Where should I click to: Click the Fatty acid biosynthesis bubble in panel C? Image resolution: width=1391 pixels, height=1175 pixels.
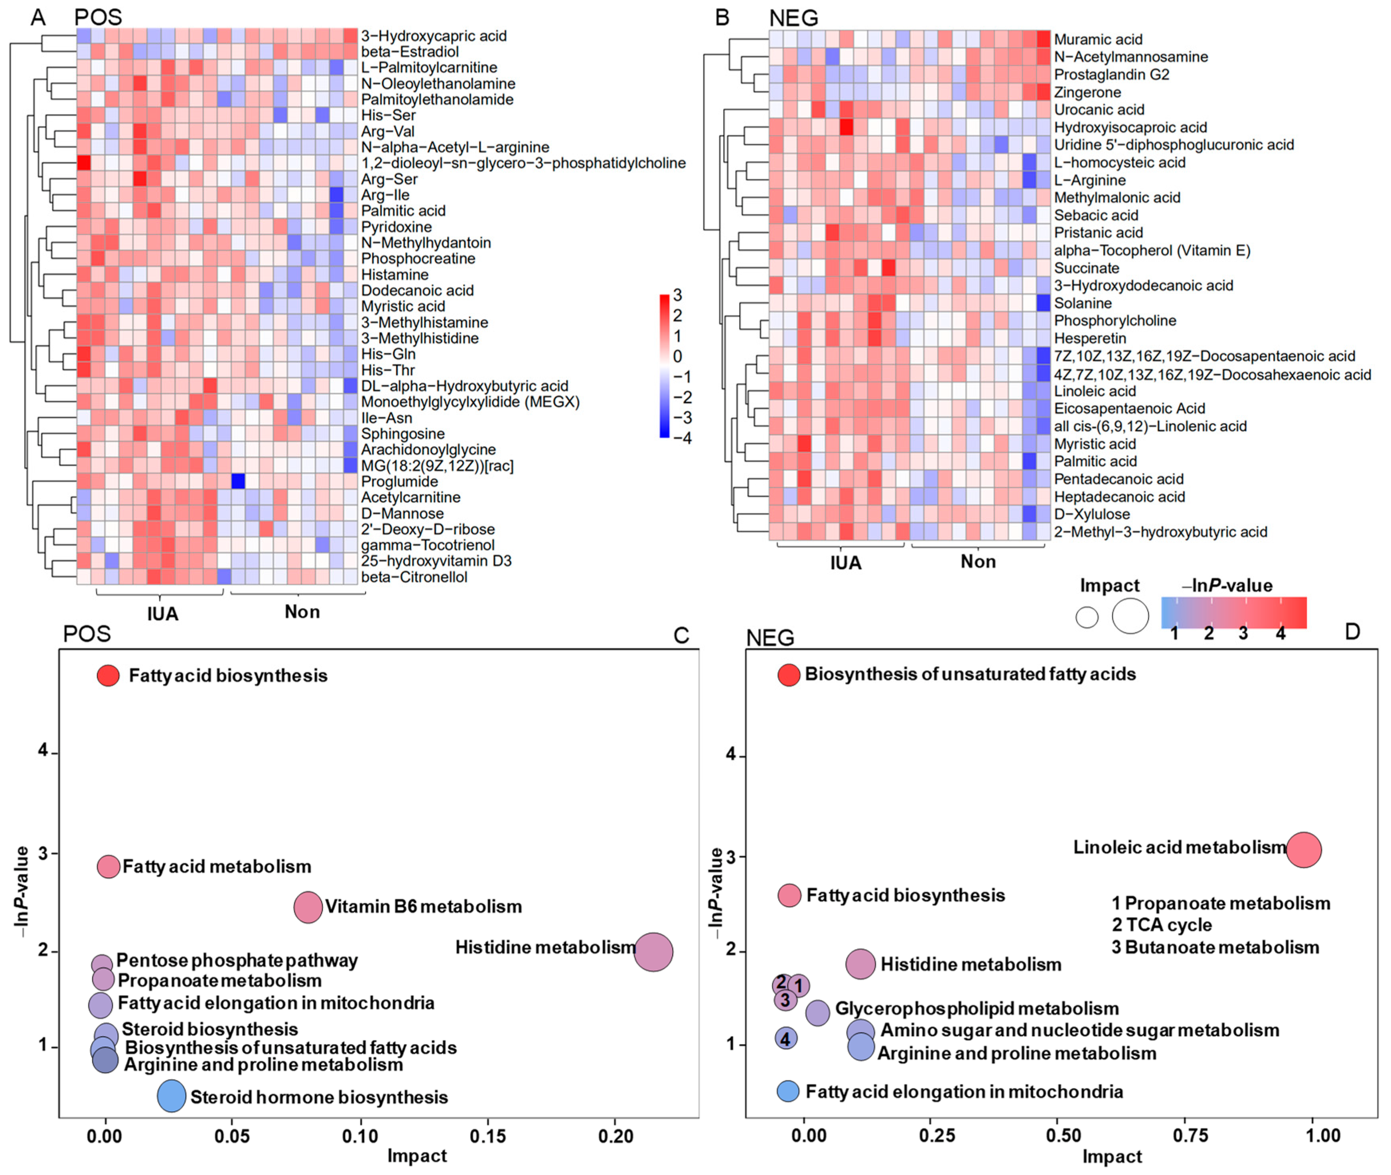click(108, 675)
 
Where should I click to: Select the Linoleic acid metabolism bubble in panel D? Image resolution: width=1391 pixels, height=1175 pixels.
click(1303, 850)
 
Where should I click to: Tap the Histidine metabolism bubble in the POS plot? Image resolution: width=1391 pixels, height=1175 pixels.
click(653, 952)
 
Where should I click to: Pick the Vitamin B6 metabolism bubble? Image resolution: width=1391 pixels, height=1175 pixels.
click(308, 906)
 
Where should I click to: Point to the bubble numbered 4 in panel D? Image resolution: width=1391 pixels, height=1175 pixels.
click(786, 1039)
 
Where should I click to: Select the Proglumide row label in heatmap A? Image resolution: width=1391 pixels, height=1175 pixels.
click(400, 482)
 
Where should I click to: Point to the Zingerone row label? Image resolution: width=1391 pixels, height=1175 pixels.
click(1087, 92)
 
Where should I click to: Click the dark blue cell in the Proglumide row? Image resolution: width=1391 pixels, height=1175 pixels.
click(238, 481)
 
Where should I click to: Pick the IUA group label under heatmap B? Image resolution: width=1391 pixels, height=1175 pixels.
click(846, 563)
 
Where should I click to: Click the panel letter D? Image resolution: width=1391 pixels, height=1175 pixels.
click(1352, 631)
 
